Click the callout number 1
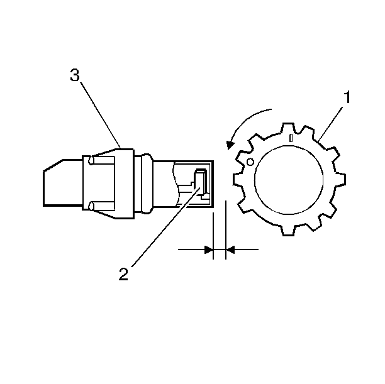click(x=347, y=97)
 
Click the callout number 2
click(x=123, y=274)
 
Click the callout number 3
click(x=75, y=75)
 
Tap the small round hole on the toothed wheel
click(x=250, y=162)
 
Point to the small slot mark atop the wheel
click(x=291, y=138)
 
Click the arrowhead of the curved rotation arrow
click(x=230, y=145)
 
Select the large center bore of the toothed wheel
click(x=289, y=180)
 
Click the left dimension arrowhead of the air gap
click(x=209, y=250)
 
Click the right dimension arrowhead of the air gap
click(x=230, y=250)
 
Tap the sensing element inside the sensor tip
click(x=201, y=182)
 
